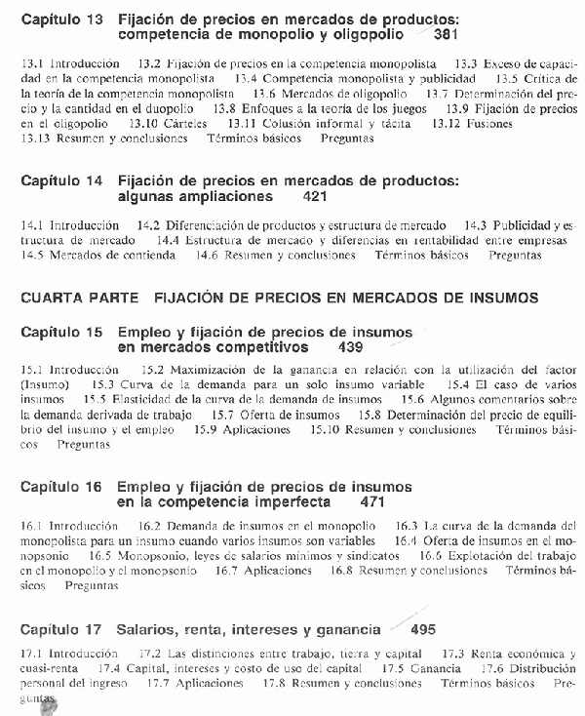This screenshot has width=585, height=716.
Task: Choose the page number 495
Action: (x=423, y=629)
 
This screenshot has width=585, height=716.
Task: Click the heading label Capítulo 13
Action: (x=61, y=20)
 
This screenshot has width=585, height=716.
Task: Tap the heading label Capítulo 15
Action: (x=61, y=332)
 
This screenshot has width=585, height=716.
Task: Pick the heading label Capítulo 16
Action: (x=61, y=486)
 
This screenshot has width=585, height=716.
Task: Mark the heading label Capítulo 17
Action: (x=61, y=629)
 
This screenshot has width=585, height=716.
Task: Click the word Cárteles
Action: (x=190, y=125)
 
